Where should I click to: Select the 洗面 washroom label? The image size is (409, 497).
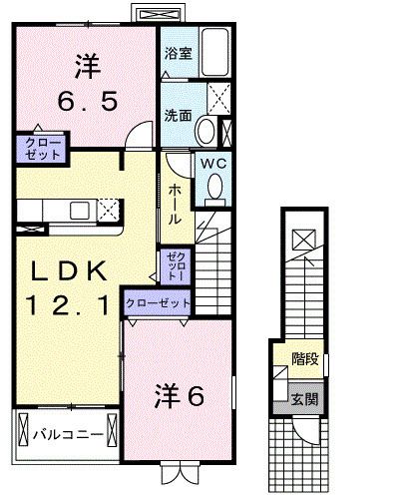(179, 115)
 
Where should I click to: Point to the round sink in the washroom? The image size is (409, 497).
(206, 130)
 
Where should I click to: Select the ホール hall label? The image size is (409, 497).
(174, 204)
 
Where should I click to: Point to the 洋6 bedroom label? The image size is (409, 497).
(180, 396)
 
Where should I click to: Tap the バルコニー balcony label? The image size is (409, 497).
(64, 435)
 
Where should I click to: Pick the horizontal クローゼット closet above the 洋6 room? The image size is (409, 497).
(158, 301)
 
